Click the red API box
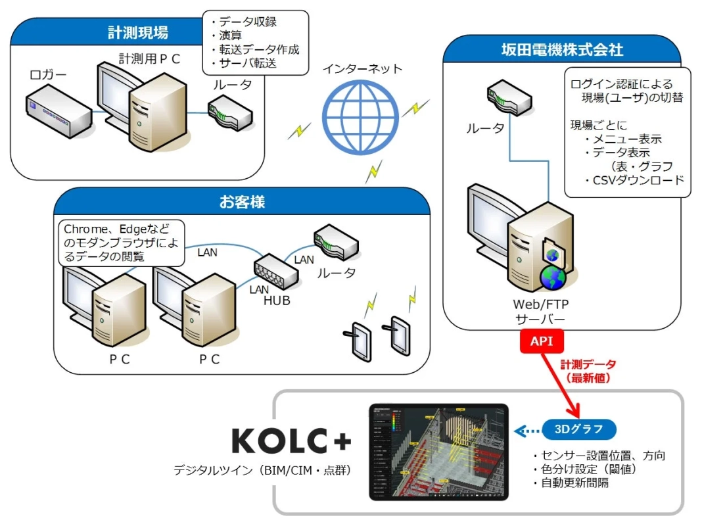click(542, 341)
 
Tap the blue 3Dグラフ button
click(579, 430)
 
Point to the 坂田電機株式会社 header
click(562, 49)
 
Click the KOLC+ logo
click(291, 441)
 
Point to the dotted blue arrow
click(526, 431)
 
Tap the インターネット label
click(362, 68)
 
